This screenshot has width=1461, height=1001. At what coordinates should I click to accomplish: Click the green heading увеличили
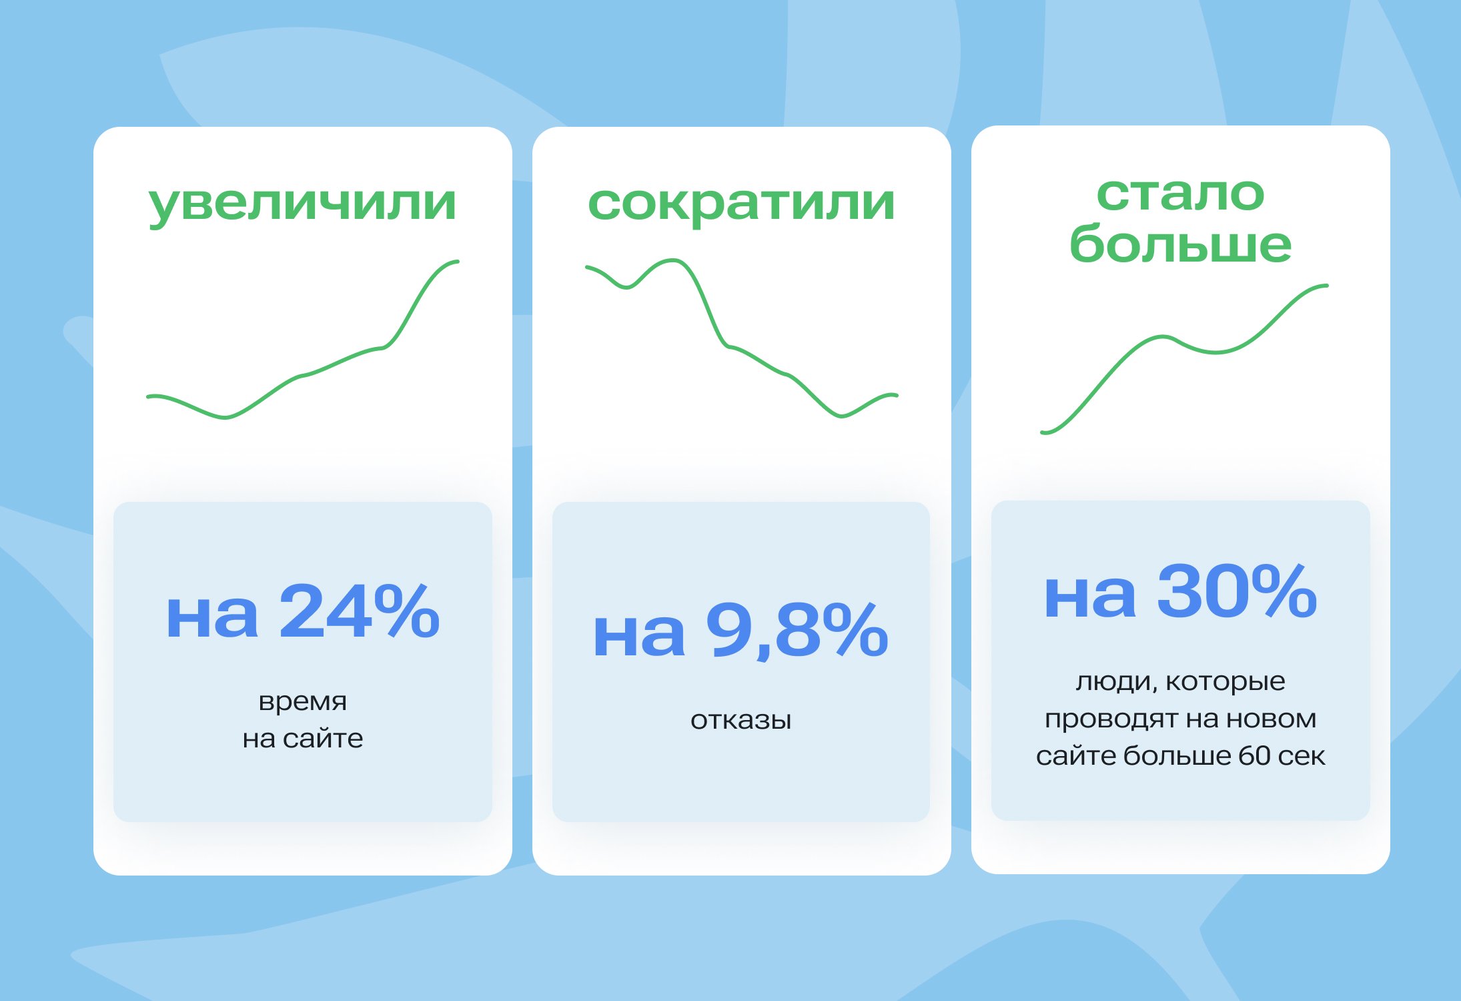302,205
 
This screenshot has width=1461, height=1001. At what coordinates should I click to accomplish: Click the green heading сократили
741,205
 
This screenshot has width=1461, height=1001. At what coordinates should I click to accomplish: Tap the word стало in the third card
1180,194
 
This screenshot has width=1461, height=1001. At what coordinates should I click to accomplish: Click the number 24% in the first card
360,611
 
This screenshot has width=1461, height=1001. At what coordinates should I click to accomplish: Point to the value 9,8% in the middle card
797,629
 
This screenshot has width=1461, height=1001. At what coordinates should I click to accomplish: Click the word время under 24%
302,702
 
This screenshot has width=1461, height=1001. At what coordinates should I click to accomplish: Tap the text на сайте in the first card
302,739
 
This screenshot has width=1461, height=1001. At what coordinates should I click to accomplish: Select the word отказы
741,720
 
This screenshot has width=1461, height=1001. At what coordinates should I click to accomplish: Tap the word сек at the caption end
1302,757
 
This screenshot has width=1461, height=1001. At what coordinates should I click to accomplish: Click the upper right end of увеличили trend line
458,262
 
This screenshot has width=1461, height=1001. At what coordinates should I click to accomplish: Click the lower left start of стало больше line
1043,432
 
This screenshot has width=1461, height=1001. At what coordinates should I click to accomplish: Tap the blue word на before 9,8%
639,636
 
